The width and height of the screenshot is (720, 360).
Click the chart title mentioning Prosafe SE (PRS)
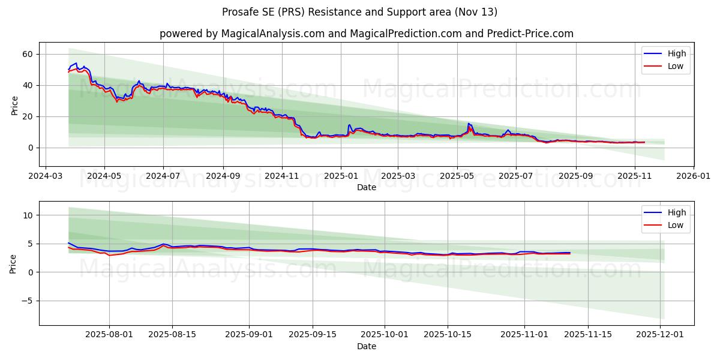(x=359, y=12)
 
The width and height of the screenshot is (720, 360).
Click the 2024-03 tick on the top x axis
(x=46, y=176)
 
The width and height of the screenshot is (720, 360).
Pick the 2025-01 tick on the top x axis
(x=341, y=176)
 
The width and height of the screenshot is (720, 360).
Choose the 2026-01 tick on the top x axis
(x=694, y=176)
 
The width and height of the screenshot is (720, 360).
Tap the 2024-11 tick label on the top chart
(x=282, y=176)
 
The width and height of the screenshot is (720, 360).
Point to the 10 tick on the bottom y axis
(x=28, y=215)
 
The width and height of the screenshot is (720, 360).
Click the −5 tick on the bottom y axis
(x=26, y=301)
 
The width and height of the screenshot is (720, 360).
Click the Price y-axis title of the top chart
(x=14, y=104)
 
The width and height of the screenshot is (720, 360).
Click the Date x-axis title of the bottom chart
(x=366, y=346)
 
